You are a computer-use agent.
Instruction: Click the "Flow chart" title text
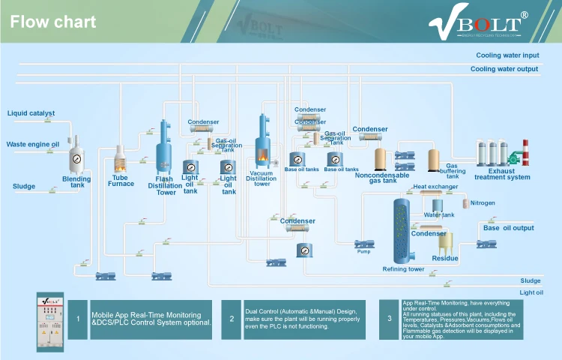(53, 22)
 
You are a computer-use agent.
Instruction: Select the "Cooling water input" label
(507, 55)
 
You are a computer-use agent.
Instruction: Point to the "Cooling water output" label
(504, 69)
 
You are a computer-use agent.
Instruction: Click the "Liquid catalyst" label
(31, 113)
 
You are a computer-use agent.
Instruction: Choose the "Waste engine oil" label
(33, 144)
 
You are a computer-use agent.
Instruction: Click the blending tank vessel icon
(76, 158)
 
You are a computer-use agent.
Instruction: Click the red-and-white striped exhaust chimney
(525, 153)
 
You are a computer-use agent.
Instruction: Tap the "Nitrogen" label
(483, 203)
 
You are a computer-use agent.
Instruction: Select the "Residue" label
(445, 259)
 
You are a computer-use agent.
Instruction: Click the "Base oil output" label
(509, 228)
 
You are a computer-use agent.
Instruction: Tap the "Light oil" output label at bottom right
(531, 292)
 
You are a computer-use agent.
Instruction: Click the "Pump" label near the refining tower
(363, 251)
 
